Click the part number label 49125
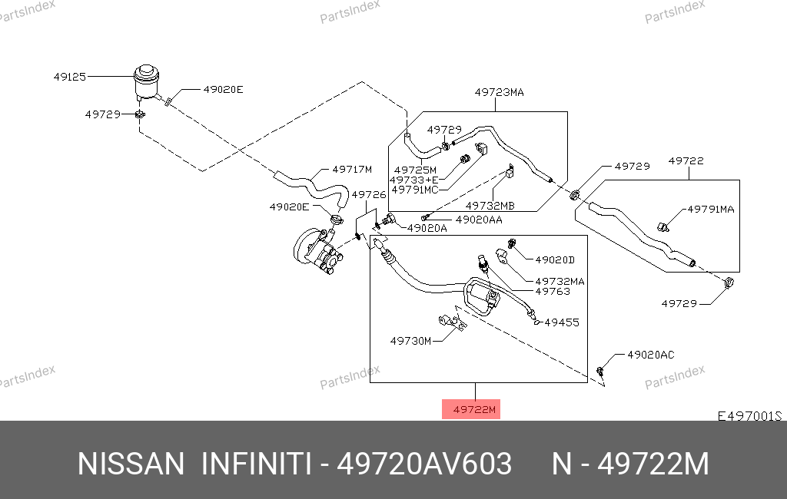tap(69, 77)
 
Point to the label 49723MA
tap(499, 92)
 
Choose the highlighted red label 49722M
tap(471, 409)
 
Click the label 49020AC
tap(650, 355)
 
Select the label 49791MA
tap(710, 209)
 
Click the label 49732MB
tap(490, 206)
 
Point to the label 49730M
tap(410, 340)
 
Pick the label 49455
tap(562, 322)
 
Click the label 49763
tap(552, 292)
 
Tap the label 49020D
tap(554, 259)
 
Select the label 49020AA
tap(479, 220)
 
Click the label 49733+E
tap(415, 180)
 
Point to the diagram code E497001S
tap(749, 416)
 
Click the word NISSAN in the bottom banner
tap(131, 464)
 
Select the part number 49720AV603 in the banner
tap(425, 464)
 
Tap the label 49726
tap(368, 195)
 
